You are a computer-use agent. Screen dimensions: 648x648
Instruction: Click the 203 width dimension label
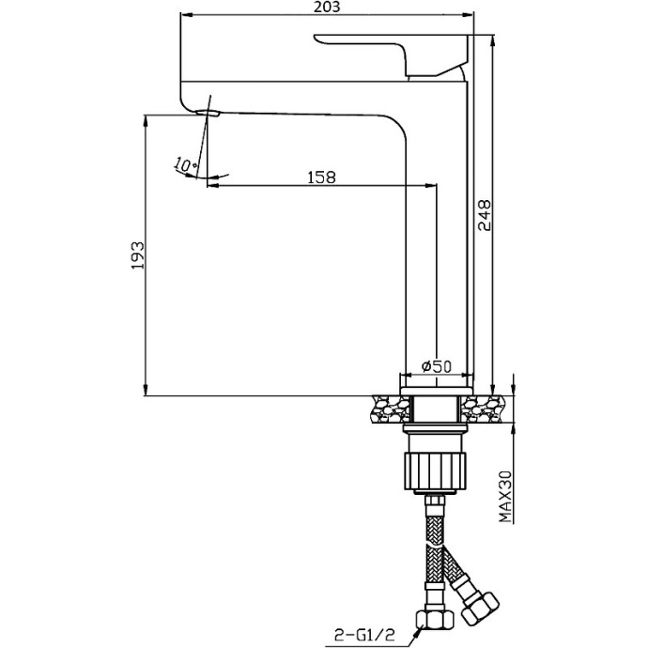(327, 7)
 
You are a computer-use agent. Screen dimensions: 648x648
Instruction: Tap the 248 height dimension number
(484, 215)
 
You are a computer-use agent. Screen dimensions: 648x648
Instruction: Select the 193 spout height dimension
(138, 255)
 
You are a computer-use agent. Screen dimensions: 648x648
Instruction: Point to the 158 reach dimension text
(322, 177)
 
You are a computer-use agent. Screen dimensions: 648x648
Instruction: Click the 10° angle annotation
(185, 164)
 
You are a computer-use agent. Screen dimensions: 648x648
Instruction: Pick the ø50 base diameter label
(437, 366)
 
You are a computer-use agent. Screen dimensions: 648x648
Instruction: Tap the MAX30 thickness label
(505, 497)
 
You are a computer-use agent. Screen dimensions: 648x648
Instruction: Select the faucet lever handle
(391, 54)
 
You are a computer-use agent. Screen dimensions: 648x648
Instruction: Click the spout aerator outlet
(208, 113)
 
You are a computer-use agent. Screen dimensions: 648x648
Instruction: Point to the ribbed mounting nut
(434, 471)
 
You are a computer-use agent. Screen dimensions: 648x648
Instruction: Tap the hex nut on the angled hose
(479, 609)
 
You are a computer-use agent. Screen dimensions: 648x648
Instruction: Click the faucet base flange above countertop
(437, 391)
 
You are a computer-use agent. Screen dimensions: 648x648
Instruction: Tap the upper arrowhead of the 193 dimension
(146, 121)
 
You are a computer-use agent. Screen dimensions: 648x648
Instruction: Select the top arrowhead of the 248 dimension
(492, 41)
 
